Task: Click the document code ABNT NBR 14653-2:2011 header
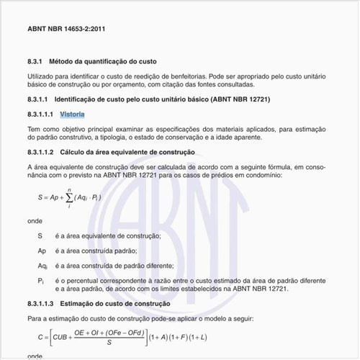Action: pos(66,30)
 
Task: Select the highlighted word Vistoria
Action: pos(73,114)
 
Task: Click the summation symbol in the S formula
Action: pos(69,196)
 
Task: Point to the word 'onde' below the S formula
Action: pos(35,221)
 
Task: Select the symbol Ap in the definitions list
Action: pos(42,251)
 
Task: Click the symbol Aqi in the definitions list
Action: pos(42,266)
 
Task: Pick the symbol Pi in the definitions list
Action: pos(41,280)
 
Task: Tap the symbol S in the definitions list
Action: pos(40,236)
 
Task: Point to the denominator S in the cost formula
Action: pos(107,343)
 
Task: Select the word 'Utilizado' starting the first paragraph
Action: pos(42,76)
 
